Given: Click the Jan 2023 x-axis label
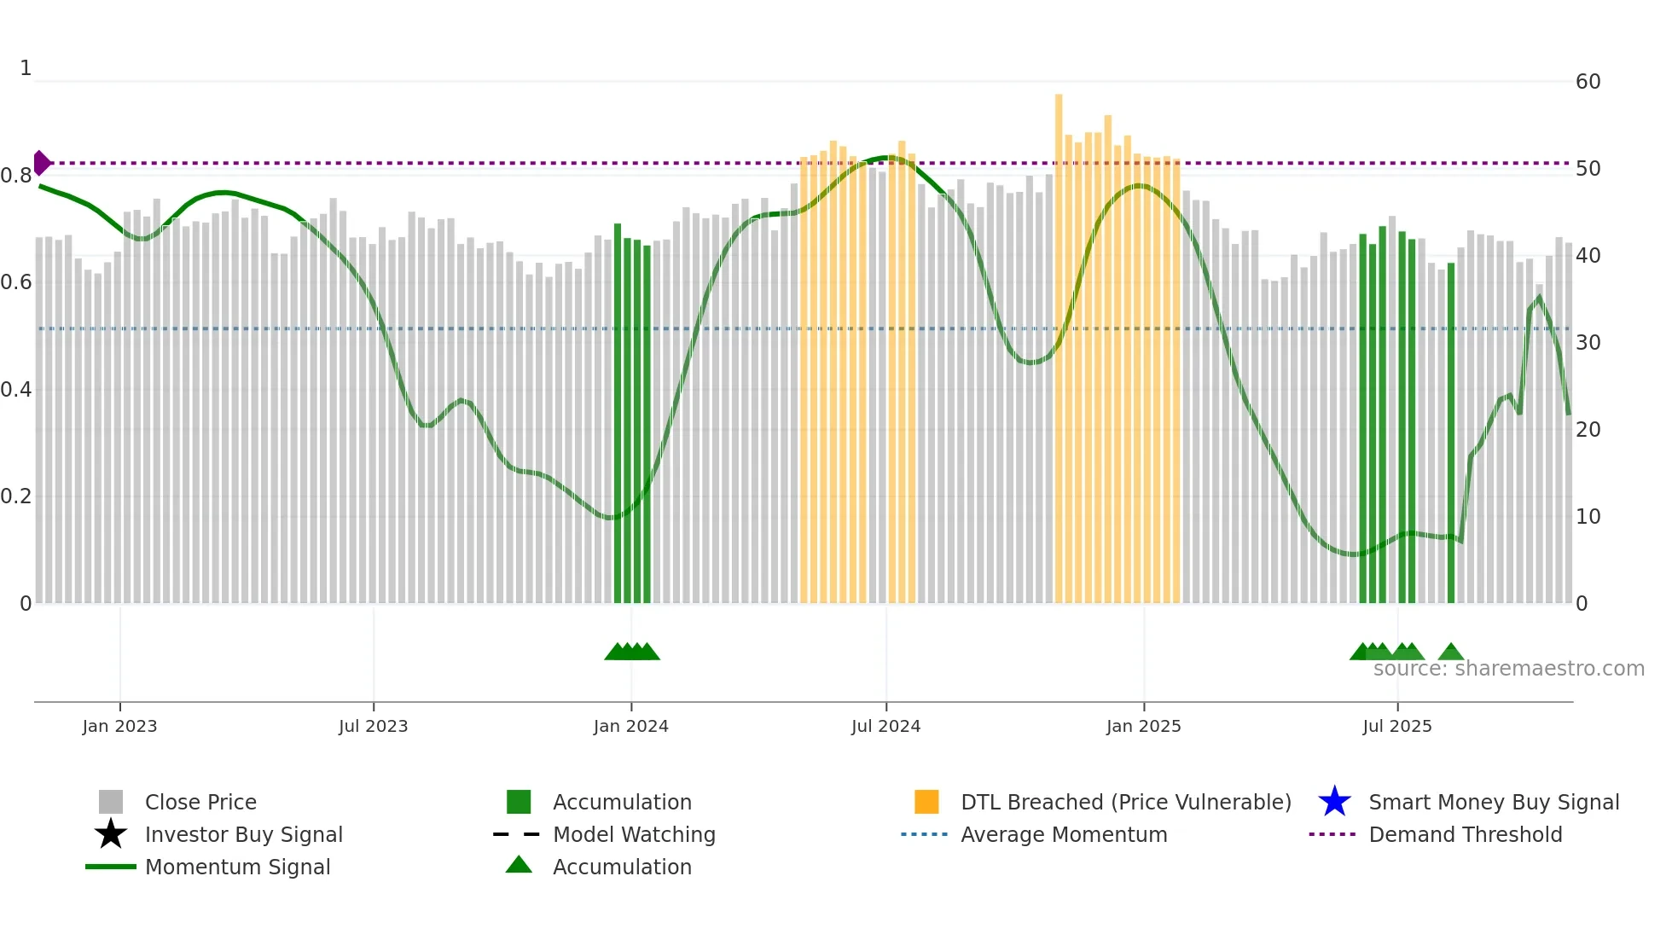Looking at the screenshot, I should (119, 726).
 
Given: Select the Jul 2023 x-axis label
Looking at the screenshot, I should (373, 726).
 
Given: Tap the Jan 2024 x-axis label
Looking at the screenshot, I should (630, 726).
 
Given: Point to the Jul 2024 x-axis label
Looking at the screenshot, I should (885, 726).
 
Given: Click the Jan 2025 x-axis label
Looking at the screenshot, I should (1143, 726).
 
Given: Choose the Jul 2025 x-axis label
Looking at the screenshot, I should (1396, 726).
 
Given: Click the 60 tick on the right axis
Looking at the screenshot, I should (1588, 82).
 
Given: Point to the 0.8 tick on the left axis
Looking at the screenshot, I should (16, 176).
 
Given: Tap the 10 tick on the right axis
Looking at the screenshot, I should (1588, 517).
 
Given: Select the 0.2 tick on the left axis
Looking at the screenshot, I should (16, 496).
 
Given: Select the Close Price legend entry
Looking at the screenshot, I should (200, 802).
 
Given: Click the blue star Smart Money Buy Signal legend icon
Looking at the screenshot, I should (1334, 802).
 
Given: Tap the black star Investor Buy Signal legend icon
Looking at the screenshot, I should (111, 834).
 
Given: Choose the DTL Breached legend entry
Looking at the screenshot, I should (1125, 802).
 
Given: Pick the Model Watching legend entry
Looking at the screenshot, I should (634, 834).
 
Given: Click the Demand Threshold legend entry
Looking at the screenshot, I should (1465, 834).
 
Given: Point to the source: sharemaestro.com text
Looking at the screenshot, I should (1508, 669).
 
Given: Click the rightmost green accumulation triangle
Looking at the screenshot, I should (1450, 653).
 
